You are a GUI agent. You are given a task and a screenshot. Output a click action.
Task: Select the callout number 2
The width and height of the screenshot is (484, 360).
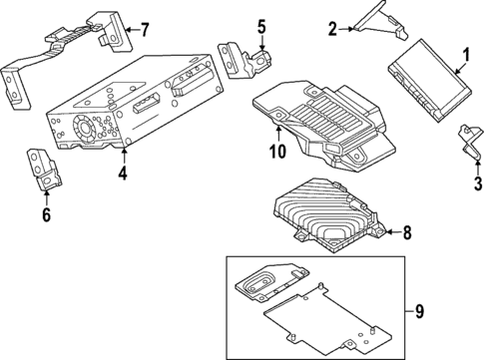(332, 29)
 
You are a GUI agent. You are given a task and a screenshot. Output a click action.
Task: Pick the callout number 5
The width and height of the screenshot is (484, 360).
(261, 26)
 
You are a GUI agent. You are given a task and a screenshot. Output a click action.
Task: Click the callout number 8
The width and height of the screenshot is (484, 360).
(407, 234)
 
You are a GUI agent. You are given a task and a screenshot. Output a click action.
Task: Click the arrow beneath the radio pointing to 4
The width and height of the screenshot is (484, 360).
(123, 158)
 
